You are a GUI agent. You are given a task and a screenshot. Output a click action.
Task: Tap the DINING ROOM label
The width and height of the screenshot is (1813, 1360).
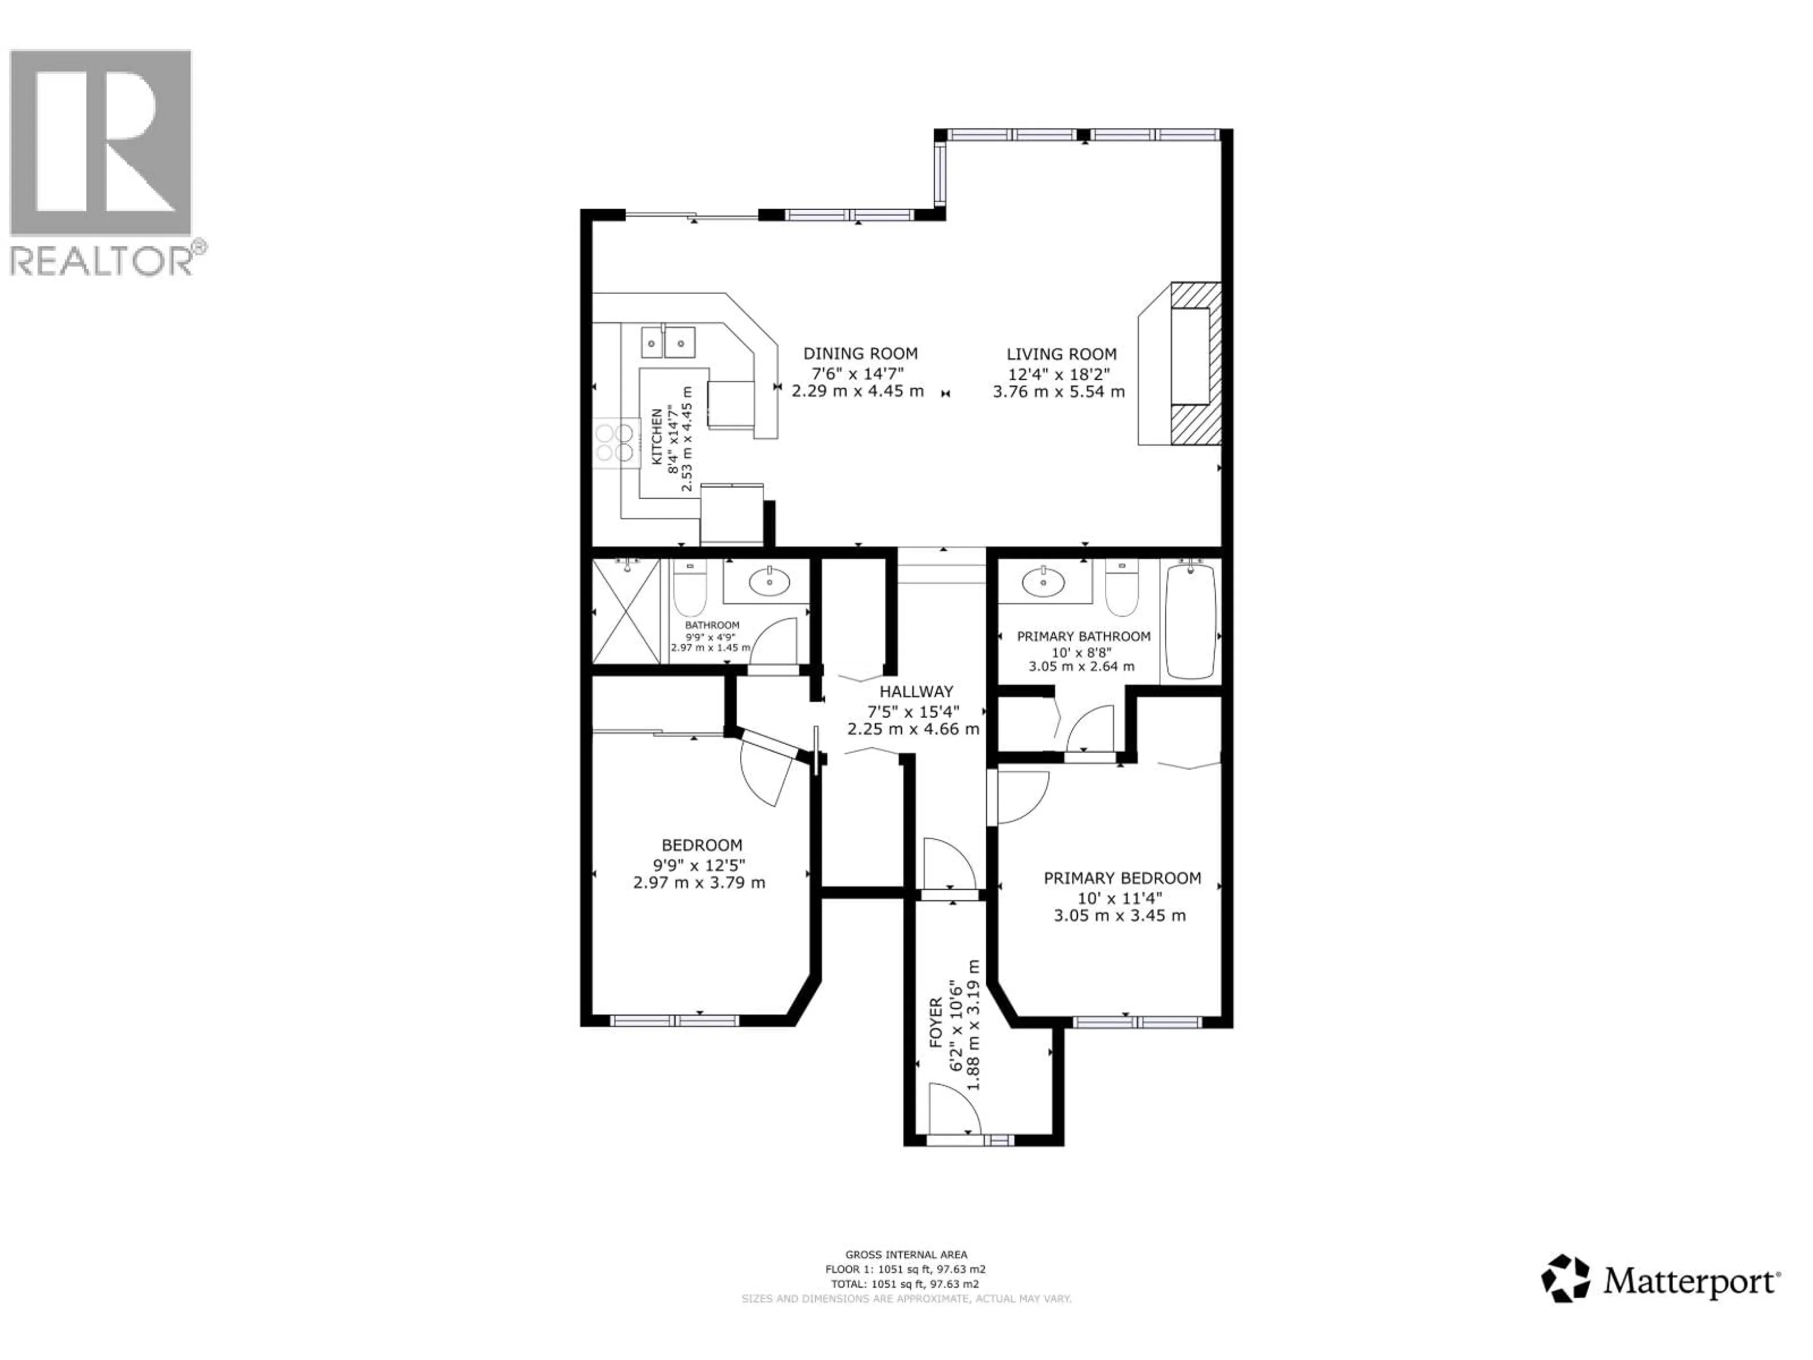(x=860, y=353)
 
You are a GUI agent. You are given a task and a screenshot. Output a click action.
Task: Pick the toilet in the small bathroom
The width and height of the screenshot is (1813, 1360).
(x=690, y=591)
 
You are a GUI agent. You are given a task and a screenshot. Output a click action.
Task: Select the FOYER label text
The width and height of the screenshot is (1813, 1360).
(x=935, y=1023)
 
